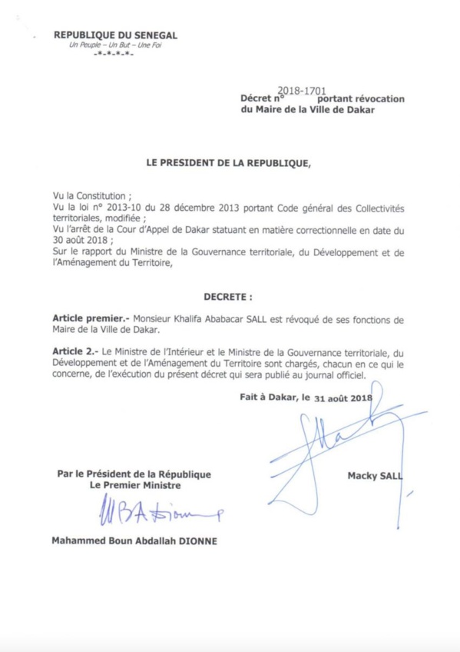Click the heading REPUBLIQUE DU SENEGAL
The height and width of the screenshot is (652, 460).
point(116,35)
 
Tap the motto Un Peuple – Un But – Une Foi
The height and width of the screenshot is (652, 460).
point(116,45)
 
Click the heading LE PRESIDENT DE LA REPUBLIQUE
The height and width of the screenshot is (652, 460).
point(229,163)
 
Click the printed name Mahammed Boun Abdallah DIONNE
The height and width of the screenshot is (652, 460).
point(134,541)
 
